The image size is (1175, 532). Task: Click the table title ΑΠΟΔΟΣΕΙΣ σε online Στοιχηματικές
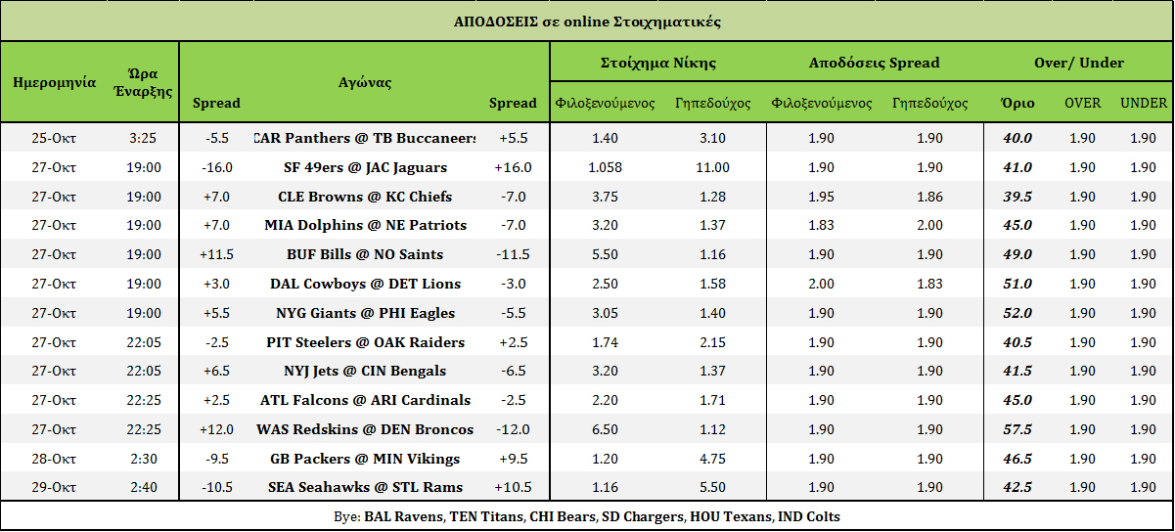click(x=587, y=22)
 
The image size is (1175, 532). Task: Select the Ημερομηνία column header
click(x=55, y=83)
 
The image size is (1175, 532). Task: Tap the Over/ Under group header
click(x=1079, y=63)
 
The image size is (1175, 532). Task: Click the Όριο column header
click(x=1017, y=103)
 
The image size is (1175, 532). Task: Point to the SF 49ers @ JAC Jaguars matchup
click(x=365, y=168)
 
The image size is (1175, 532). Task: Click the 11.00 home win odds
click(x=712, y=168)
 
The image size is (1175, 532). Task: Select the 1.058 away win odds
click(x=605, y=168)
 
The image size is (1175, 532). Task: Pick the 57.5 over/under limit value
click(x=1017, y=429)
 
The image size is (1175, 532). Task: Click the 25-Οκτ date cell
click(x=54, y=138)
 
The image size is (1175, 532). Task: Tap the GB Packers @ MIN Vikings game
click(x=365, y=460)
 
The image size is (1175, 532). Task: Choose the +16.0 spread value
click(x=513, y=168)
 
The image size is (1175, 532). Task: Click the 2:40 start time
click(x=144, y=487)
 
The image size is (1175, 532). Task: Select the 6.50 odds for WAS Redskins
click(x=605, y=429)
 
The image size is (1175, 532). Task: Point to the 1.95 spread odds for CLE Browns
click(x=821, y=198)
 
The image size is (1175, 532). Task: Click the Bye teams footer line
click(x=586, y=516)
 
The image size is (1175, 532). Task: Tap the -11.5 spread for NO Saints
click(x=513, y=254)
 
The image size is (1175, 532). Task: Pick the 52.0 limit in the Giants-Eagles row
click(x=1017, y=314)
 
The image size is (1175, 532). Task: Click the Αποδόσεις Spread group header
click(x=874, y=63)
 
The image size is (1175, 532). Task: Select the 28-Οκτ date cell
click(x=54, y=460)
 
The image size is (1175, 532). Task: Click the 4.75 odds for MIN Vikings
click(x=712, y=460)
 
